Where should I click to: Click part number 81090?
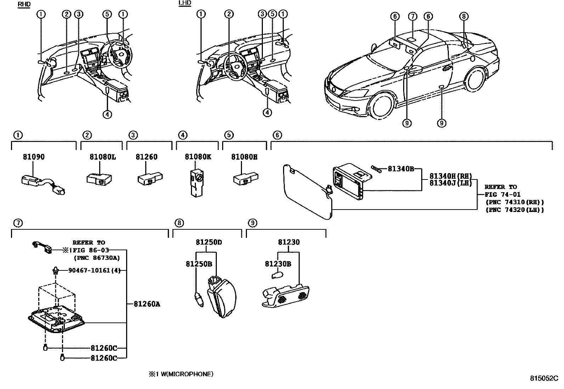tap(34, 157)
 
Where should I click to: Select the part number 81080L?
tap(102, 157)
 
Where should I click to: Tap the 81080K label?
tap(198, 157)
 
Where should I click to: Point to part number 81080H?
tap(244, 157)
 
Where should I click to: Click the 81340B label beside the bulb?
tap(401, 169)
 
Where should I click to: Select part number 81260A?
tap(147, 304)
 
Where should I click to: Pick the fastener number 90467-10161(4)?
tap(94, 270)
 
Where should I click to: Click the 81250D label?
tap(209, 242)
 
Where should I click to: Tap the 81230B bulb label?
tap(278, 264)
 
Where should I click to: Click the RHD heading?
tap(24, 4)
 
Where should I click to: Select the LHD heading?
tap(185, 3)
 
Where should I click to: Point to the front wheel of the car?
tap(381, 105)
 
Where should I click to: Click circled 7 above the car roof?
tap(412, 16)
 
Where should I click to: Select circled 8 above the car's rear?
tap(464, 16)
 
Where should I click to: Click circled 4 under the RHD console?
tap(107, 114)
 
